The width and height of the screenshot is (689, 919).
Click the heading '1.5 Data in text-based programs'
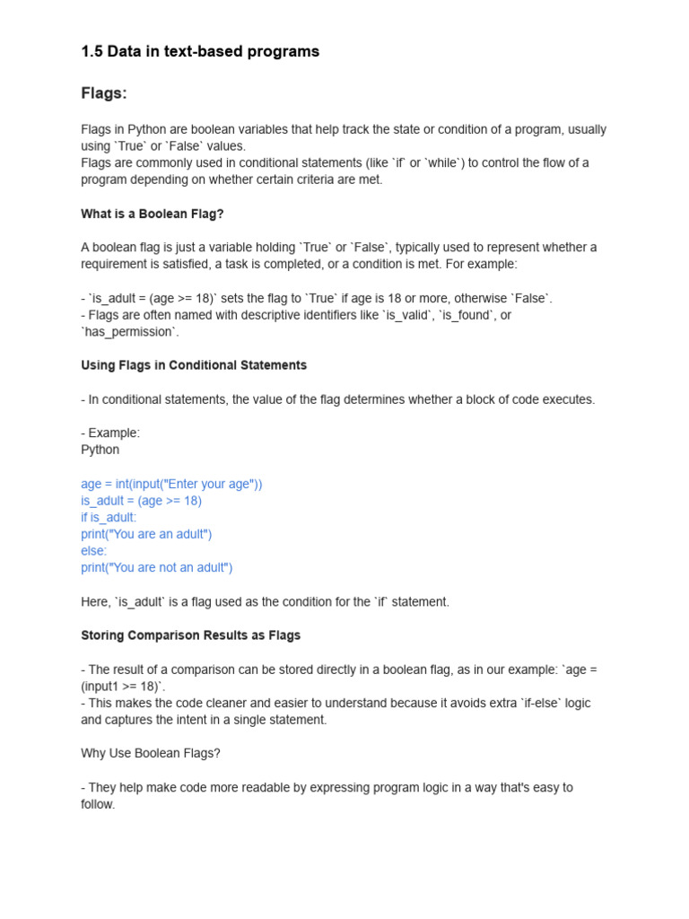[200, 52]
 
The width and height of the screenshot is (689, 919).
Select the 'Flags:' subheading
[104, 93]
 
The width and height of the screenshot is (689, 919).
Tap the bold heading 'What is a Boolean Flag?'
[152, 214]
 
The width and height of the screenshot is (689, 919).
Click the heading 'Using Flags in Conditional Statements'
[194, 365]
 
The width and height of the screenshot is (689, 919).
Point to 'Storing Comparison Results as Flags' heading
[190, 635]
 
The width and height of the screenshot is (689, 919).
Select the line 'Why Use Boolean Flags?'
[150, 753]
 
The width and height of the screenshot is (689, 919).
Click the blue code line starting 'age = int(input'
[171, 484]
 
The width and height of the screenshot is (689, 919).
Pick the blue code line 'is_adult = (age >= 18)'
[141, 501]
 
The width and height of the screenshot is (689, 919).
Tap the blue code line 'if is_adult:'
[109, 518]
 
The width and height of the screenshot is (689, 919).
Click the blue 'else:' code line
[93, 551]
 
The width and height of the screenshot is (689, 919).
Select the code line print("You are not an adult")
[157, 567]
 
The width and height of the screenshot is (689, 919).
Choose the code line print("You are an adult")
[146, 534]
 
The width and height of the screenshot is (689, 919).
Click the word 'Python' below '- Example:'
[100, 450]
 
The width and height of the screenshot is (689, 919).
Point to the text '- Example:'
[110, 433]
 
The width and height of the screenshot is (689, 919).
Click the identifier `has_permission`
[130, 332]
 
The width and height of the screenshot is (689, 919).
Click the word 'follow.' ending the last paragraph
[98, 804]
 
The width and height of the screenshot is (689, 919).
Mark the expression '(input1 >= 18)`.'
[123, 686]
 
